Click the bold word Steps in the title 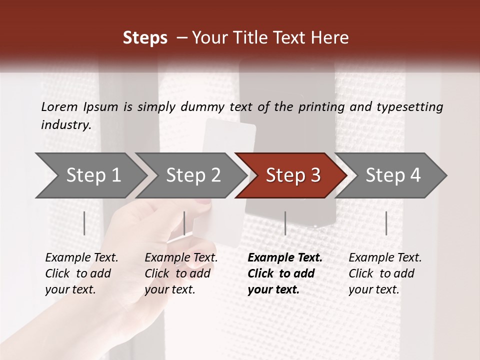coord(145,38)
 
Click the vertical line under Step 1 coord(84,223)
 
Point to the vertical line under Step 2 coord(184,223)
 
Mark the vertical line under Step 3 coord(285,223)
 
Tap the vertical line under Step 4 coord(386,223)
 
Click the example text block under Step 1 coord(81,273)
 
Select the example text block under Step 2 coord(181,273)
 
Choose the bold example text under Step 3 coord(285,273)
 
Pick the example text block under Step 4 coord(385,273)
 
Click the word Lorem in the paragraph coord(59,107)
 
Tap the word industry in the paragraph coord(65,125)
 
